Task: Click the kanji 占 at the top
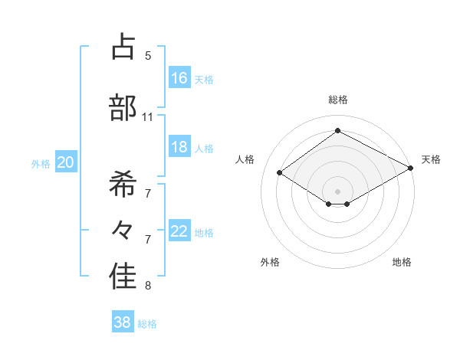pos(123,47)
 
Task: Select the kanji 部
pos(123,107)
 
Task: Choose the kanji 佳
pos(123,278)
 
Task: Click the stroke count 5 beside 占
pos(148,55)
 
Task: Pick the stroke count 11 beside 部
pos(147,117)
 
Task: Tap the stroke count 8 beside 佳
pos(148,286)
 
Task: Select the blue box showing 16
pos(179,77)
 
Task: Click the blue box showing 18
pos(179,147)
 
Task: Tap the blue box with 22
pos(179,232)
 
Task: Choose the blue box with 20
pos(66,162)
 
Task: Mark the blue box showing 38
pos(123,322)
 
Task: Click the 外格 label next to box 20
pos(41,163)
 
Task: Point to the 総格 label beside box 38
pos(147,324)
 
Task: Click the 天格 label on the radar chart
pos(431,159)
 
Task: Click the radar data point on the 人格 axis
pos(280,173)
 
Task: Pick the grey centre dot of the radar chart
pos(337,190)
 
